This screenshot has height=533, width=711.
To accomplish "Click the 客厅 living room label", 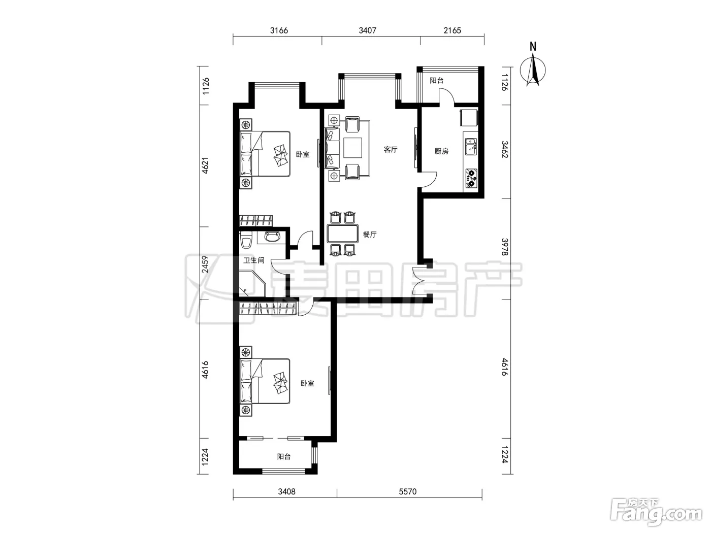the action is (391, 150).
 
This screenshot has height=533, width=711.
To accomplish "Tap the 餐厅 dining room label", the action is (370, 235).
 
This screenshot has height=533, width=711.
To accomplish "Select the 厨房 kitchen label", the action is (441, 151).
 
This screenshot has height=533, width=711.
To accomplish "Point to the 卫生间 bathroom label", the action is (253, 260).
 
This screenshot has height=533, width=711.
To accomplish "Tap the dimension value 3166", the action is (279, 30).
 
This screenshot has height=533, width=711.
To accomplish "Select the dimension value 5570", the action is (407, 491).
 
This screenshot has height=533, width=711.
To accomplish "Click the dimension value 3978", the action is (505, 247).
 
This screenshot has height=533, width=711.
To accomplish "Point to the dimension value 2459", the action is (205, 264).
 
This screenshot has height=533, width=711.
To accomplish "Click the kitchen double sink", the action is (471, 147).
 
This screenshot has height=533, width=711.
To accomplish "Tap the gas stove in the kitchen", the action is (471, 178).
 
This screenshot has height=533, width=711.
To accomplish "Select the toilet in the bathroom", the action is (246, 240).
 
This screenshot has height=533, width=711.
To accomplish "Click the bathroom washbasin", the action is (272, 237).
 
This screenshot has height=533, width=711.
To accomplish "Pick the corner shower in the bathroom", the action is (252, 284).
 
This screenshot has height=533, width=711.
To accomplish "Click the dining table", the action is (342, 234).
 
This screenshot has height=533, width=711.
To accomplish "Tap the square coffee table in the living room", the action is (353, 148).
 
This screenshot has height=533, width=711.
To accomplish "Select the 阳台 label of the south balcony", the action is (284, 457).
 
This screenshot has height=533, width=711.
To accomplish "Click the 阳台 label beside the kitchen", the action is (436, 80).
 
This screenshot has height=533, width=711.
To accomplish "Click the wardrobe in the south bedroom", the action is (268, 308).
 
